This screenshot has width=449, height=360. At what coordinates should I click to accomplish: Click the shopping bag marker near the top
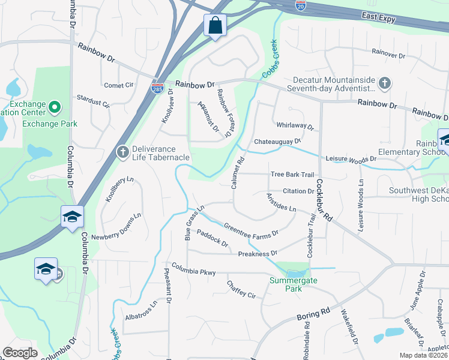click(x=215, y=26)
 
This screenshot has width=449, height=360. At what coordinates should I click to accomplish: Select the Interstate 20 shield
click(x=301, y=6)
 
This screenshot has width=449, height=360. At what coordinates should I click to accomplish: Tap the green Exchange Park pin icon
click(x=54, y=107)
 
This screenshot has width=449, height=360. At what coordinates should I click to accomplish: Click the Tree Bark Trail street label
click(x=292, y=175)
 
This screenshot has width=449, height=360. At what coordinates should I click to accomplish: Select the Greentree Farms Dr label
click(x=251, y=230)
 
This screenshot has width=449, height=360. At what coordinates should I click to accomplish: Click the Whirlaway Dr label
click(x=295, y=127)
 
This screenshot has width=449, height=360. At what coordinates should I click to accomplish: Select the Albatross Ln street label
click(x=140, y=310)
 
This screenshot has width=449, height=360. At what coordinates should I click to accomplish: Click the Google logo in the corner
click(x=20, y=353)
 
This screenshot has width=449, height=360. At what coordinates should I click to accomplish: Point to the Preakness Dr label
click(x=257, y=254)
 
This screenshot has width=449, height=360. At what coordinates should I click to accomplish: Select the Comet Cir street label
click(x=118, y=85)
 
